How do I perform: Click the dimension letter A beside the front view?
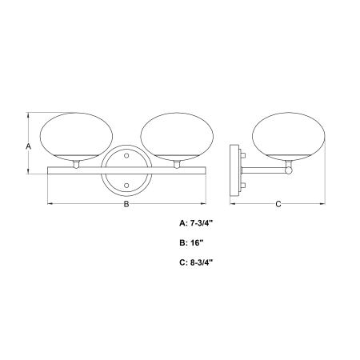[28, 146]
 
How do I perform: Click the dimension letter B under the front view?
[126, 204]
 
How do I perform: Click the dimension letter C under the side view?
[278, 204]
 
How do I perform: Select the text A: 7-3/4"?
[196, 223]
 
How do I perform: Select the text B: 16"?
[192, 242]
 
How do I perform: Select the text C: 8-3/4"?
[197, 262]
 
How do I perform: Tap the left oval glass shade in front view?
[76, 137]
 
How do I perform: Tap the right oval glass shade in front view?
[177, 137]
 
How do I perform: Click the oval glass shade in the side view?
[289, 137]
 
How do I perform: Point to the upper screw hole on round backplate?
[126, 155]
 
